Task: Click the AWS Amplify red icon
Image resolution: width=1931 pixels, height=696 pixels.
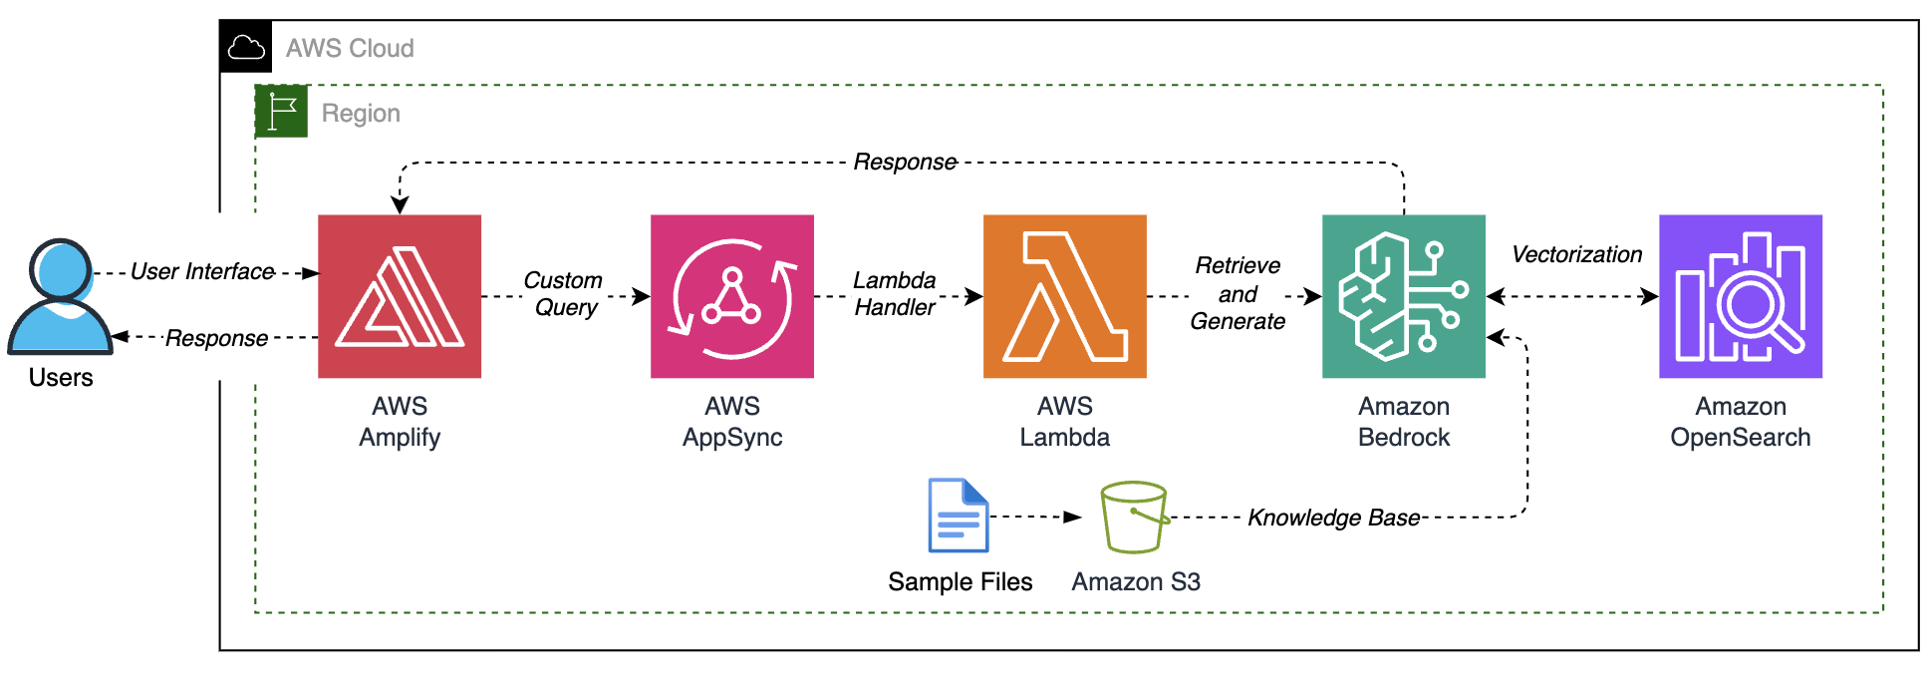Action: point(400,296)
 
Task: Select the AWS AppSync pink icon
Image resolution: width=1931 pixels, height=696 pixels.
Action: point(732,296)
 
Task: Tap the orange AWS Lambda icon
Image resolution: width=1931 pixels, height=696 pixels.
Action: point(1065,296)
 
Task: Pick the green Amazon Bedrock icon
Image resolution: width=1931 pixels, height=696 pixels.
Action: point(1404,296)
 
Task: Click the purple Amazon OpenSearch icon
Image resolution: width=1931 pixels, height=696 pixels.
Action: point(1741,296)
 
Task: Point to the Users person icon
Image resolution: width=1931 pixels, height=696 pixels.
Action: point(61,296)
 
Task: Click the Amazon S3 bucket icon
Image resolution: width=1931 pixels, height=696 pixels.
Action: point(1134,517)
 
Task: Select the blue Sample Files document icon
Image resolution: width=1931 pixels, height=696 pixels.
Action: point(959,516)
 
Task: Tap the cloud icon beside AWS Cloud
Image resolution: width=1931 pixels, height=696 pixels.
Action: point(246,47)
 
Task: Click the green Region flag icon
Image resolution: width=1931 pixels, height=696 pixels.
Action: point(282,112)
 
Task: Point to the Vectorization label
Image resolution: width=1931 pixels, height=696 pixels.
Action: point(1576,254)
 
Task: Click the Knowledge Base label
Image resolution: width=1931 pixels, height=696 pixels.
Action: point(1334,518)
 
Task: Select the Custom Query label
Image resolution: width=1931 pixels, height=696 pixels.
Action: point(564,294)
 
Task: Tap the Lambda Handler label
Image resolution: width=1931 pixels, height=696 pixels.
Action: point(895,294)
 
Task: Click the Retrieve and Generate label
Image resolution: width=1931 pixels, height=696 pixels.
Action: point(1238,293)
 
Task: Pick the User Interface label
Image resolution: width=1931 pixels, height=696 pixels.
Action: point(202,271)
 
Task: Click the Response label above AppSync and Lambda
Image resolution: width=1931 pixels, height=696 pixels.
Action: point(905,162)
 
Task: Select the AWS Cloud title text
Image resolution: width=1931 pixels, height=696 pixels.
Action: point(350,48)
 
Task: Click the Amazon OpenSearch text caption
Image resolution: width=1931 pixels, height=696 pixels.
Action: point(1741,422)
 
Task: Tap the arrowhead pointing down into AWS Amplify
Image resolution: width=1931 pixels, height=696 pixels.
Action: point(400,205)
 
